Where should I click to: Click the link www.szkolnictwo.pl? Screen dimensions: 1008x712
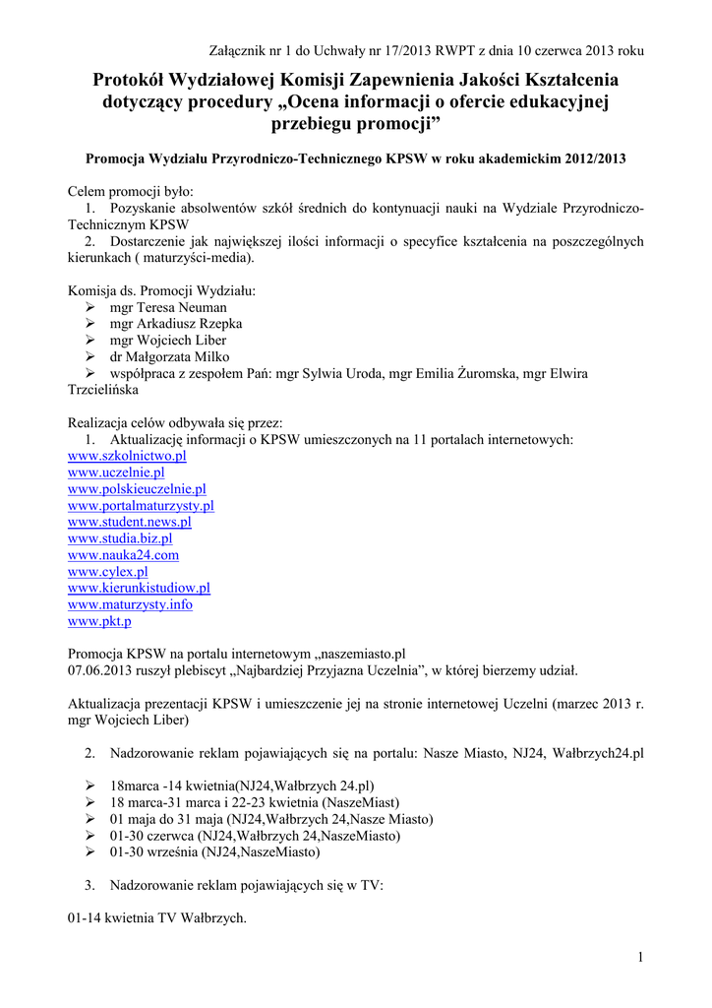pos(127,456)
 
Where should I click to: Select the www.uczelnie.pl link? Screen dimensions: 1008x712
pos(116,472)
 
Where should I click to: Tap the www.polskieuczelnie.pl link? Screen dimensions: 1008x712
pos(137,489)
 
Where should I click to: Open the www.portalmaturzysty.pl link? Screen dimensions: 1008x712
pos(141,505)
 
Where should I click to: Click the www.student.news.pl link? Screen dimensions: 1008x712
pos(129,522)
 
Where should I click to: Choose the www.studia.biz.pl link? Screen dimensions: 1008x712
pos(120,538)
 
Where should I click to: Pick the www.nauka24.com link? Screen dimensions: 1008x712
pos(123,555)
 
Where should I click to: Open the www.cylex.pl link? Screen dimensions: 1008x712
pos(108,571)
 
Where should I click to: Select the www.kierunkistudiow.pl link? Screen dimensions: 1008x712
pos(139,588)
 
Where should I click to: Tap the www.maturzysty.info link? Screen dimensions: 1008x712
pos(130,604)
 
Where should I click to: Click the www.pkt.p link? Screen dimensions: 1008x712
pos(99,621)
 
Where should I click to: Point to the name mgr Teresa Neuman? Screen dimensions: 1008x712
pos(168,307)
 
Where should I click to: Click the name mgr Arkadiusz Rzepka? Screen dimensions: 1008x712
pos(176,324)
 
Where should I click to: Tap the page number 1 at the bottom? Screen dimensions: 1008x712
pos(639,958)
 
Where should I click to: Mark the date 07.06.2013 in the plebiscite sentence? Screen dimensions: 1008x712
pos(100,670)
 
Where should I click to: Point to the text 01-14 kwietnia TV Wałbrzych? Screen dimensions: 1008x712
pos(156,918)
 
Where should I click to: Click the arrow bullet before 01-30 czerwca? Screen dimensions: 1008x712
pos(89,836)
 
